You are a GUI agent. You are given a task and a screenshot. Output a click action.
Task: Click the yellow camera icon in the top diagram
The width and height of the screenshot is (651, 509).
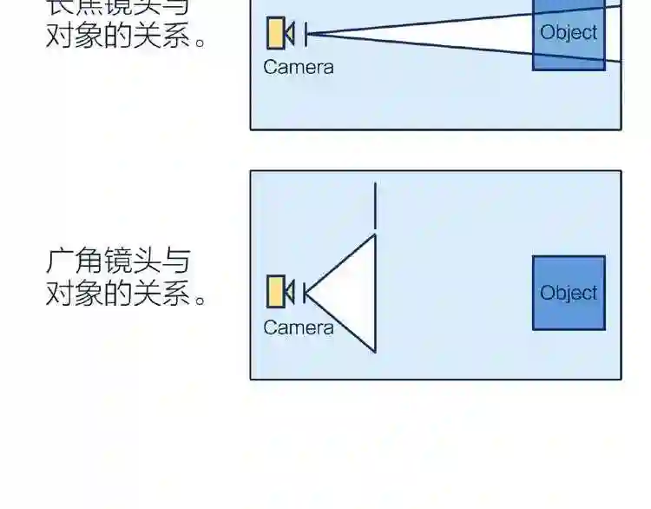pyautogui.click(x=277, y=33)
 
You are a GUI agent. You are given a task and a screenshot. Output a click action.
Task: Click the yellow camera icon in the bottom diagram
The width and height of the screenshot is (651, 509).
pyautogui.click(x=276, y=291)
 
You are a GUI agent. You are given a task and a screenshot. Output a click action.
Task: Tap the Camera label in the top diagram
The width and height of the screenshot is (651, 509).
pyautogui.click(x=298, y=67)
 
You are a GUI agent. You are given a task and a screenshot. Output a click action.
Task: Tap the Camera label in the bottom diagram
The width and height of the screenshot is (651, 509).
pyautogui.click(x=298, y=327)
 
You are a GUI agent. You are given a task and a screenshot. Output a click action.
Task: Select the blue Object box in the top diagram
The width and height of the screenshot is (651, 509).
pyautogui.click(x=569, y=33)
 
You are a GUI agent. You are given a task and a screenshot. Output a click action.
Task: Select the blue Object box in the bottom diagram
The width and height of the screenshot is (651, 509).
pyautogui.click(x=569, y=293)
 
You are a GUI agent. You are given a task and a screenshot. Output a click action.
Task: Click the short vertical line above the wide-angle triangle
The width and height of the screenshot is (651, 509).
pyautogui.click(x=375, y=205)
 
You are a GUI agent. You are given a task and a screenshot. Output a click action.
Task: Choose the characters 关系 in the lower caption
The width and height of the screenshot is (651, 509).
pyautogui.click(x=161, y=294)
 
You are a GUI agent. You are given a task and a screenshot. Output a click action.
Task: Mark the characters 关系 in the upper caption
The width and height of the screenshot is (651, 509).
pyautogui.click(x=161, y=35)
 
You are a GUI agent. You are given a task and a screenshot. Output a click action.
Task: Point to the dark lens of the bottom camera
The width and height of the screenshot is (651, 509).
pyautogui.click(x=290, y=291)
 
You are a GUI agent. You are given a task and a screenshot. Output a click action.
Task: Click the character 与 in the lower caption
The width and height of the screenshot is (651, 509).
pyautogui.click(x=176, y=261)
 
